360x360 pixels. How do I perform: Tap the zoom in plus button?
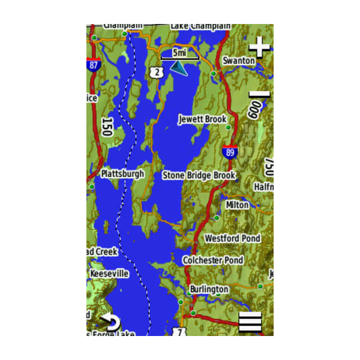pos(259,46)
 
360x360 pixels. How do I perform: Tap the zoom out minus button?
pos(259,94)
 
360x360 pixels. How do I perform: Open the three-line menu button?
pos(250,322)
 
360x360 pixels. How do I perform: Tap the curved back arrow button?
pos(110,322)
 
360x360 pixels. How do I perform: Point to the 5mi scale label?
pos(179,52)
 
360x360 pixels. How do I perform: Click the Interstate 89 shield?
pos(229,151)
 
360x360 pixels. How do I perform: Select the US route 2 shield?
pos(157,72)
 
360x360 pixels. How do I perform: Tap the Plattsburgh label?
pos(122,174)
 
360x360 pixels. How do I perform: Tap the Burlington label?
pos(209,289)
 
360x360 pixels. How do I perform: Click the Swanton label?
pos(238,61)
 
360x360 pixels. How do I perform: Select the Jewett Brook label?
pos(202,119)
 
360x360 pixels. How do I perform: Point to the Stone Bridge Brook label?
pos(199,175)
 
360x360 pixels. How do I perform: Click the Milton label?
pos(237,205)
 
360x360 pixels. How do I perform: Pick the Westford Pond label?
pos(233,238)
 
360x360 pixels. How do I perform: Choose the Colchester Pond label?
pos(213,260)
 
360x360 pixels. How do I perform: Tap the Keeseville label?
pos(109,274)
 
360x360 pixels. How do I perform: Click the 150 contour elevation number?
pos(107,127)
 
